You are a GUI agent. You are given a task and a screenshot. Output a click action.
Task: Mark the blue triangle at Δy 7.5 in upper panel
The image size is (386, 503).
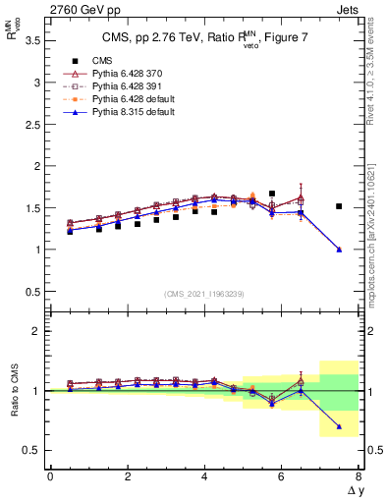tap(339, 250)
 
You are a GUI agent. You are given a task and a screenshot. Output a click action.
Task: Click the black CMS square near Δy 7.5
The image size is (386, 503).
tap(339, 206)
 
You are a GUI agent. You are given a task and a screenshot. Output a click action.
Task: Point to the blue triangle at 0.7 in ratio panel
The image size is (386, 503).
tap(339, 426)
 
